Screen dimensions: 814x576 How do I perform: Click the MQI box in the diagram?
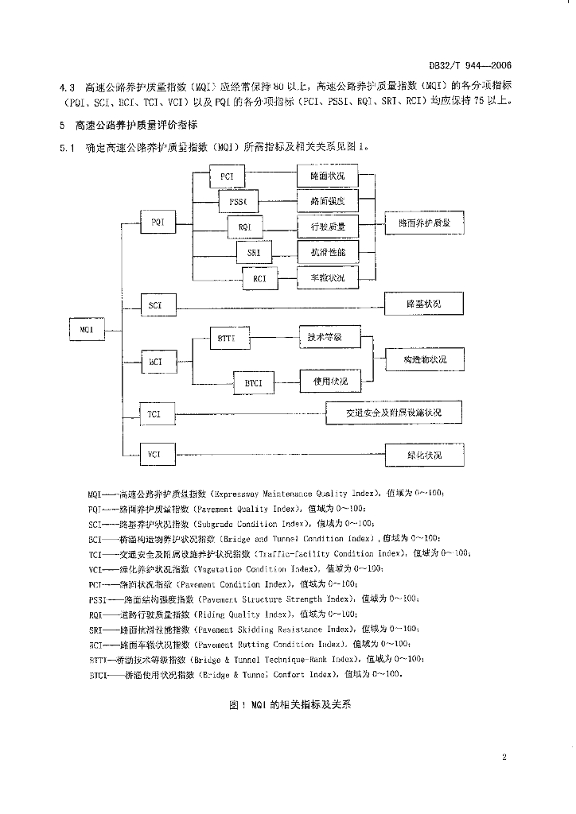(x=87, y=328)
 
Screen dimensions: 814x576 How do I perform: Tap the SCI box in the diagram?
(x=155, y=304)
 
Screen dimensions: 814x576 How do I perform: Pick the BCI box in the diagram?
(x=155, y=362)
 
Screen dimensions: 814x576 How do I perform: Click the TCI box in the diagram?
(x=155, y=414)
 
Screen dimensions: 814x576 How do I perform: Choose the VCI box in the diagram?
(x=155, y=455)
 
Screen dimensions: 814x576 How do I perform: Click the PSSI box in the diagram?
(x=238, y=202)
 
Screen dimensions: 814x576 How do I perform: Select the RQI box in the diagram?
(x=244, y=228)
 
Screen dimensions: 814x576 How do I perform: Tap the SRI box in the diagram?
(x=254, y=254)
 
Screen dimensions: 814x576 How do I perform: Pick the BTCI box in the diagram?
(x=254, y=384)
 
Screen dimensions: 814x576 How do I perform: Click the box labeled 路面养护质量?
(x=423, y=224)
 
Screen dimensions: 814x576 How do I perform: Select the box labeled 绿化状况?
(x=423, y=455)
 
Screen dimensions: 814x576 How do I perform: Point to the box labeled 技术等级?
(x=328, y=337)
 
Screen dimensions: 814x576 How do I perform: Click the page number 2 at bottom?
(x=504, y=757)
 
